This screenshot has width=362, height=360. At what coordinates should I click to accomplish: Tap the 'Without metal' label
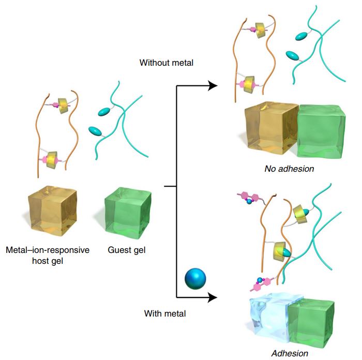pyautogui.click(x=166, y=63)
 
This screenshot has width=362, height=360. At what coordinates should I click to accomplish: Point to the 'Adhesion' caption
pyautogui.click(x=290, y=354)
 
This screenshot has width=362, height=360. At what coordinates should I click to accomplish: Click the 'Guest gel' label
pyautogui.click(x=127, y=250)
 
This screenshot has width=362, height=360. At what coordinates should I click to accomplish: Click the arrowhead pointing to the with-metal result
pyautogui.click(x=212, y=297)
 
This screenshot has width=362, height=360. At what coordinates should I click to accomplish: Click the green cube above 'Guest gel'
pyautogui.click(x=127, y=213)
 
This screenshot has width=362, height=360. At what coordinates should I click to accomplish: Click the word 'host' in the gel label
pyautogui.click(x=41, y=261)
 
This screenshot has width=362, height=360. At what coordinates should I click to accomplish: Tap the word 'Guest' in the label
pyautogui.click(x=119, y=250)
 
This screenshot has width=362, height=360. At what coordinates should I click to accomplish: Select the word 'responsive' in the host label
pyautogui.click(x=68, y=250)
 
